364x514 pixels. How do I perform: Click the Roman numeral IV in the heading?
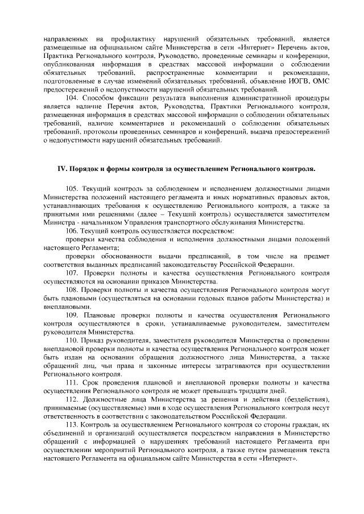click(61, 169)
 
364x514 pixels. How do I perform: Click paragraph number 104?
click(73, 98)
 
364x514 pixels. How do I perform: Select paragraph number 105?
click(73, 188)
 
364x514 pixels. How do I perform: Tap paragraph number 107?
click(73, 273)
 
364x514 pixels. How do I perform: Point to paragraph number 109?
click(73, 315)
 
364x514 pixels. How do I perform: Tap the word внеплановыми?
click(67, 307)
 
